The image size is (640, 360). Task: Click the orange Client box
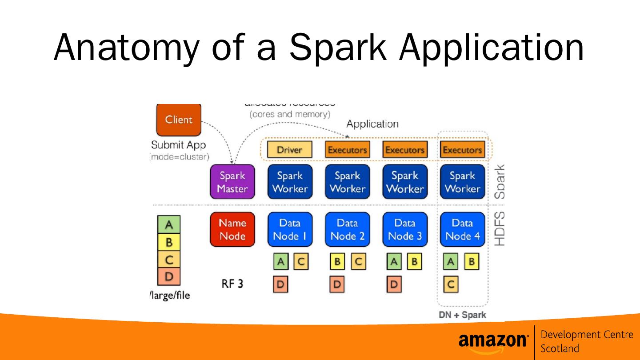point(179,120)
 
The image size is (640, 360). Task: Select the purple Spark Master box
point(232,182)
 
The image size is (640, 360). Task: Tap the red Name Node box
point(232,229)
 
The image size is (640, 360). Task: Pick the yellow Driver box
point(289,150)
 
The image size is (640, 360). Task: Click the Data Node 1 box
point(290,229)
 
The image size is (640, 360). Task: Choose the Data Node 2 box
point(347,229)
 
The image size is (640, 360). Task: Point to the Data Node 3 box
point(404,229)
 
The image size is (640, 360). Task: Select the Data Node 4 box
point(462,229)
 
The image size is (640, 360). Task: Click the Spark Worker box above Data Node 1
point(290,182)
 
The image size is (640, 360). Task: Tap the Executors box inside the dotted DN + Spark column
point(462,150)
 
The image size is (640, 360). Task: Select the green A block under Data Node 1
point(280,262)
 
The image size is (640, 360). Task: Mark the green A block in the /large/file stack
point(169,225)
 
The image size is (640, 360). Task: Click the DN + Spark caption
point(462,315)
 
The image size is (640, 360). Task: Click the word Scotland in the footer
point(560,348)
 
